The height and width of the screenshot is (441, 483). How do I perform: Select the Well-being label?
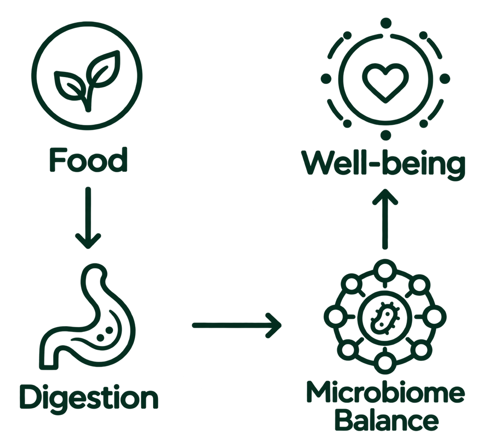click(383, 164)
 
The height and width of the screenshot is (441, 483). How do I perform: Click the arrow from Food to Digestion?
click(88, 218)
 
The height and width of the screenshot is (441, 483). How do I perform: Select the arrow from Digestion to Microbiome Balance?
click(237, 325)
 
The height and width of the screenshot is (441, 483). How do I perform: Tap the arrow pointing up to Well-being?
click(385, 219)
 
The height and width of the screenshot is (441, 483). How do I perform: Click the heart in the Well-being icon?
click(385, 83)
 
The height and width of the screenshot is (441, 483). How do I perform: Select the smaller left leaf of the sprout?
click(70, 86)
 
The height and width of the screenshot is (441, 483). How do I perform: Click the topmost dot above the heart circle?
click(385, 23)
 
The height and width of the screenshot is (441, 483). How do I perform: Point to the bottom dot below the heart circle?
click(385, 135)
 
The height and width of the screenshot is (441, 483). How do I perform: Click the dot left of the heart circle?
click(326, 79)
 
